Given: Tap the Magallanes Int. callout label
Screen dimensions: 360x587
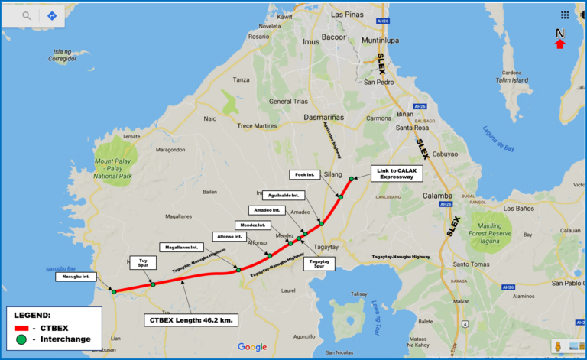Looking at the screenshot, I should [x=182, y=247].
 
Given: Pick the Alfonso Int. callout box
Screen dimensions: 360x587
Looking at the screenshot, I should [x=231, y=236].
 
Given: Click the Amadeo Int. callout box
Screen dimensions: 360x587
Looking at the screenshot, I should [x=268, y=209].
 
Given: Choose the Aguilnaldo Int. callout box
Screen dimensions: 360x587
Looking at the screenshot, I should [x=284, y=196].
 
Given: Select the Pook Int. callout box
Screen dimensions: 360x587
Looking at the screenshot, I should [x=304, y=174].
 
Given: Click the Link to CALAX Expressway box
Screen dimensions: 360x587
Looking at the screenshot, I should [x=396, y=173].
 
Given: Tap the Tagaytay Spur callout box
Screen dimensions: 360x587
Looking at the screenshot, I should [x=319, y=264].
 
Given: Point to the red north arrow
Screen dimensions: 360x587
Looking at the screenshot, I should [x=559, y=44].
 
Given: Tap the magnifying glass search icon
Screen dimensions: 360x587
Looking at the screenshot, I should [x=27, y=15].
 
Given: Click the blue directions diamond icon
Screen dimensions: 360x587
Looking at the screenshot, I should [x=52, y=15].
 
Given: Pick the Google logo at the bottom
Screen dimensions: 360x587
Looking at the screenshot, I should [x=252, y=347].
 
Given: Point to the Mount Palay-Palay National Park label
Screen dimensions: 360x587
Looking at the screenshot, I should [x=114, y=169].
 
